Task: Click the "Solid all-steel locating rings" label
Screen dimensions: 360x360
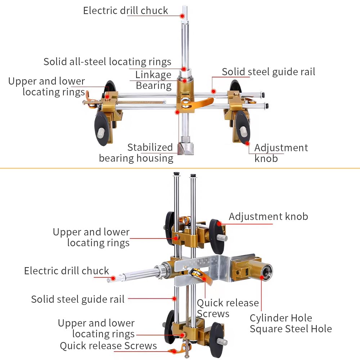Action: point(107,62)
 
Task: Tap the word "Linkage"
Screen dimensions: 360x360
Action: point(153,75)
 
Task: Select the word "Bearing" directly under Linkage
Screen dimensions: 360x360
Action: point(153,86)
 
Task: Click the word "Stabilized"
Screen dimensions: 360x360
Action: point(150,147)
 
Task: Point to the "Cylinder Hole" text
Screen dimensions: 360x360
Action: point(281,318)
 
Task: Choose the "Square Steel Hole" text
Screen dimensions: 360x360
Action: point(291,329)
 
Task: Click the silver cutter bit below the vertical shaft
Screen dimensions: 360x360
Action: point(186,145)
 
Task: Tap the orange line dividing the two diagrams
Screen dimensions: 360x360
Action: point(180,168)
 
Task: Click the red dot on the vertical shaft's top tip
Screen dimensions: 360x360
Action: point(183,15)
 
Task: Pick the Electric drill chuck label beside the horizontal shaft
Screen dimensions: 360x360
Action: point(66,271)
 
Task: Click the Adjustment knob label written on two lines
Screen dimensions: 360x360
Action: point(281,153)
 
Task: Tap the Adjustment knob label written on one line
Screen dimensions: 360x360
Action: point(268,216)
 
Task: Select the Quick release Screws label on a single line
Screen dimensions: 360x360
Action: point(108,346)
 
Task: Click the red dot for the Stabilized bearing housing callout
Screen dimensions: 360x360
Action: point(177,112)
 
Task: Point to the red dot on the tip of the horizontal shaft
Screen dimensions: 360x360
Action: point(113,278)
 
